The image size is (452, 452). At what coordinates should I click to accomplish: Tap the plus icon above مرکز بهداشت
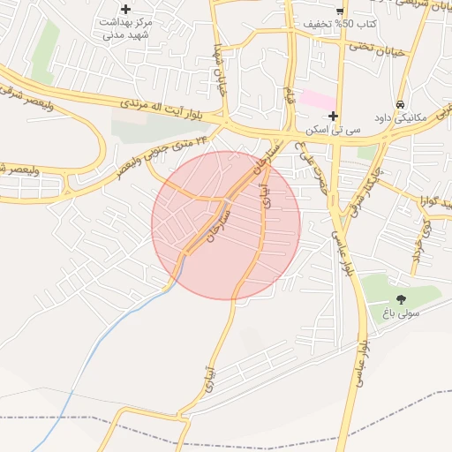[x=126, y=9]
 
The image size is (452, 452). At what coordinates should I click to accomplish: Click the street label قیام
[x=289, y=92]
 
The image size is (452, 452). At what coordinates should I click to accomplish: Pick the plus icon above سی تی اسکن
[x=333, y=116]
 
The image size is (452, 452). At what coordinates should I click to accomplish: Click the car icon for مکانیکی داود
[x=401, y=103]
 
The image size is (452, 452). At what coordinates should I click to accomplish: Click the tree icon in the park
[x=402, y=299]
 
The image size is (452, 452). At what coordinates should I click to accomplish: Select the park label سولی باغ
[x=402, y=313]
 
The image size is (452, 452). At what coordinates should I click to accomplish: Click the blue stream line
[x=115, y=326]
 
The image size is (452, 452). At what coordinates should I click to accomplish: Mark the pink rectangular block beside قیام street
[x=316, y=99]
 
